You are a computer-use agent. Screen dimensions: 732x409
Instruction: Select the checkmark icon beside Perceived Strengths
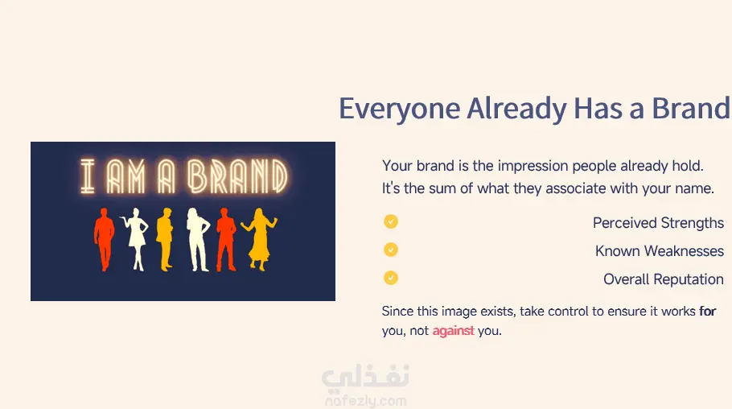[391, 221]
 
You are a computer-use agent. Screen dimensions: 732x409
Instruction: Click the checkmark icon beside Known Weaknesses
[391, 250]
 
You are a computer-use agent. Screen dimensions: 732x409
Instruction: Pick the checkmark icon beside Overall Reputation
[391, 278]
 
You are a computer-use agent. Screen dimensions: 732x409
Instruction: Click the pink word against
[454, 331]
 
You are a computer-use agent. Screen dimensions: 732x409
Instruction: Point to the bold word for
[707, 311]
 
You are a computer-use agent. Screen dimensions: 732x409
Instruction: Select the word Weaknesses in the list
[684, 251]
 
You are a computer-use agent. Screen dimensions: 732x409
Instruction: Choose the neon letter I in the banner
[88, 176]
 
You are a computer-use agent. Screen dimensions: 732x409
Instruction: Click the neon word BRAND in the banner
[237, 176]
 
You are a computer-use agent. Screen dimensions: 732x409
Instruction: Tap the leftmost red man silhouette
[104, 239]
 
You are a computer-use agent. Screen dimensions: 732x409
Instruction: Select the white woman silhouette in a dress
[136, 239]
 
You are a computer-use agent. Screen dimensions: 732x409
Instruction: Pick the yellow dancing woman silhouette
[259, 239]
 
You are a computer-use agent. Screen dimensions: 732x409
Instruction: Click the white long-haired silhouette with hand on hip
[197, 239]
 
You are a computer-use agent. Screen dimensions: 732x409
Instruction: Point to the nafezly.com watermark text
[365, 401]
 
